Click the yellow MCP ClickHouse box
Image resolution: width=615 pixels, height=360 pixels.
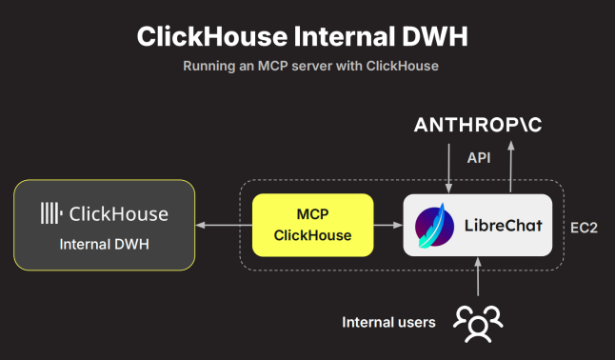pyautogui.click(x=312, y=225)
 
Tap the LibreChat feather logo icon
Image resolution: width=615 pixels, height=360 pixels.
pyautogui.click(x=434, y=226)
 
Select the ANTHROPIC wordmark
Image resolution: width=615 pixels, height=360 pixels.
pyautogui.click(x=478, y=125)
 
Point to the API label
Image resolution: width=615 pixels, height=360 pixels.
pyautogui.click(x=479, y=158)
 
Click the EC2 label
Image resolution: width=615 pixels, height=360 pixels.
pyautogui.click(x=584, y=228)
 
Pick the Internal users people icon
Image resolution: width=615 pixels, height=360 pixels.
pyautogui.click(x=478, y=324)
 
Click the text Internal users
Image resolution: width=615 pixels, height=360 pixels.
pyautogui.click(x=388, y=322)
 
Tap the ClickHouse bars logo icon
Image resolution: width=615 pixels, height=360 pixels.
pyautogui.click(x=51, y=213)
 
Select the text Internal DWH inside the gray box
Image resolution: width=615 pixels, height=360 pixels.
pyautogui.click(x=105, y=244)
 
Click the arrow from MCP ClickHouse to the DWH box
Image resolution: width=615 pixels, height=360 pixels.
pyautogui.click(x=224, y=225)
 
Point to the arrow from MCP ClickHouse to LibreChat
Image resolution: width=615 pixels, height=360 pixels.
pyautogui.click(x=388, y=225)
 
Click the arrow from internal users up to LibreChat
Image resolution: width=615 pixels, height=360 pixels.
pyautogui.click(x=478, y=276)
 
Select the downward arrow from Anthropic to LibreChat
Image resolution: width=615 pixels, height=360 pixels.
pyautogui.click(x=449, y=169)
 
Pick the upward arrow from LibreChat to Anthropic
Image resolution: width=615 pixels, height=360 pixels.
pyautogui.click(x=510, y=167)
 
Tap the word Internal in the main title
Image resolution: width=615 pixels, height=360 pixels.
pyautogui.click(x=345, y=36)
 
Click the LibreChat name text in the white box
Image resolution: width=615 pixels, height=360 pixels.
pyautogui.click(x=504, y=226)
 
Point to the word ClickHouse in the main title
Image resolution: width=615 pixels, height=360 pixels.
pyautogui.click(x=212, y=36)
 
